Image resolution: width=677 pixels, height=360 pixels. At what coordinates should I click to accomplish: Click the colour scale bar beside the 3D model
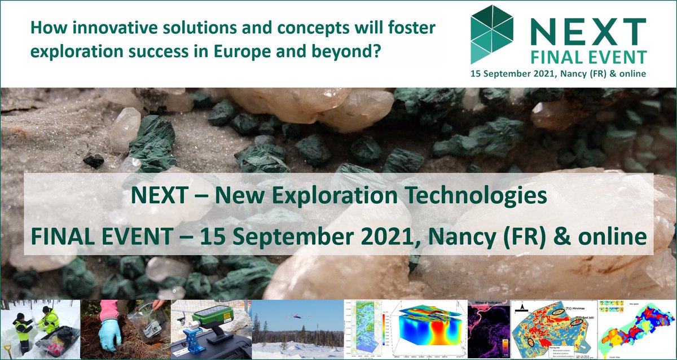tap(388, 330)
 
